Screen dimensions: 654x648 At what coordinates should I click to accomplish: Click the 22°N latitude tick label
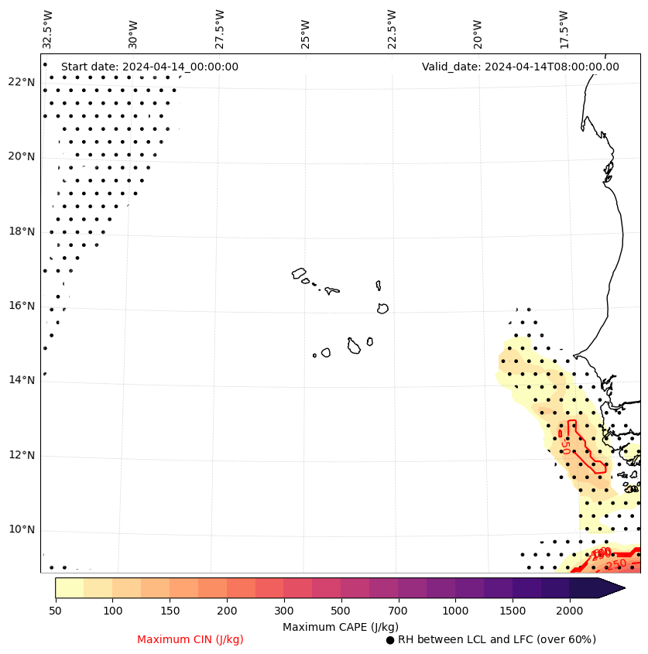click(x=20, y=82)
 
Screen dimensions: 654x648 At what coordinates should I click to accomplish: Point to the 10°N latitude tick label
click(x=20, y=529)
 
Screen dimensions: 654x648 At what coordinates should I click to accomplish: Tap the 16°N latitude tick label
click(x=20, y=306)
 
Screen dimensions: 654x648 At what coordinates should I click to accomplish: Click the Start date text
click(x=149, y=67)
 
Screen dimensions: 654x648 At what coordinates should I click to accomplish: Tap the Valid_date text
click(x=520, y=67)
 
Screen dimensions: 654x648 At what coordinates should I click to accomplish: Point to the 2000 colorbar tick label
click(x=570, y=611)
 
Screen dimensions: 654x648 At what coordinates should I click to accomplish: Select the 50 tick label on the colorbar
click(x=55, y=611)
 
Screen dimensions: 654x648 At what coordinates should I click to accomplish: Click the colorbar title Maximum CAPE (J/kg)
click(x=340, y=626)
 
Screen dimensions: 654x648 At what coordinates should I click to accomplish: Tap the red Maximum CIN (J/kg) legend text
click(x=190, y=639)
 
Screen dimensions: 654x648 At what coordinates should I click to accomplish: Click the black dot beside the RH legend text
click(x=390, y=640)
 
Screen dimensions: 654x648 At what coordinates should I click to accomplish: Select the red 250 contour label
click(x=615, y=565)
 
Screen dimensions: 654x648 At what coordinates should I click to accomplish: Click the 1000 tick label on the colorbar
click(x=455, y=611)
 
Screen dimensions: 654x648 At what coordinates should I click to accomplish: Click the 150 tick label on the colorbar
click(x=170, y=611)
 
